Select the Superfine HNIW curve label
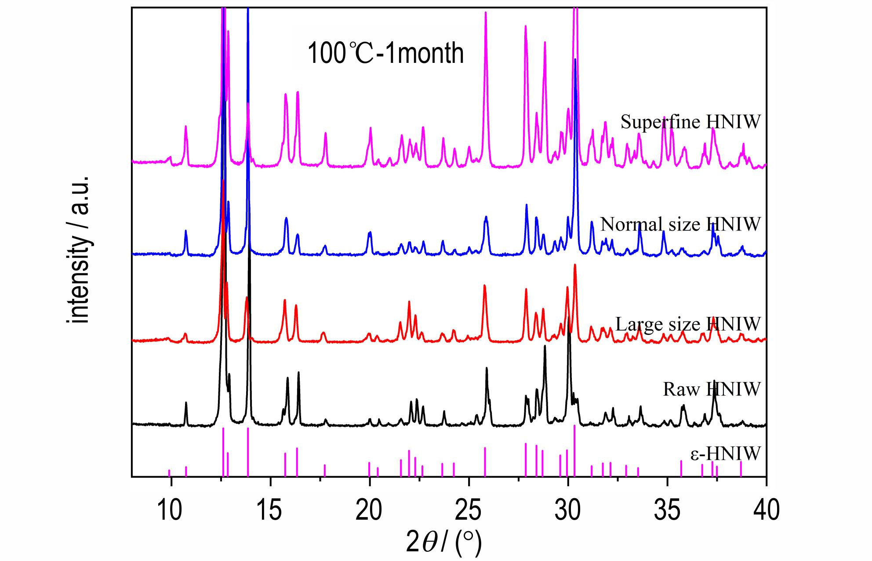pyautogui.click(x=690, y=122)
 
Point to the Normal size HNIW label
pyautogui.click(x=680, y=224)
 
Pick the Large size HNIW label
pyautogui.click(x=688, y=324)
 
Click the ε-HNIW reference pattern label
pyautogui.click(x=725, y=453)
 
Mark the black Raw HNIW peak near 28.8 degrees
pyautogui.click(x=545, y=347)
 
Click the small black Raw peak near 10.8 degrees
pyautogui.click(x=186, y=404)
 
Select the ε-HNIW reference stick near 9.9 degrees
pyautogui.click(x=169, y=473)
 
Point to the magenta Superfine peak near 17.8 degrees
pyautogui.click(x=326, y=134)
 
